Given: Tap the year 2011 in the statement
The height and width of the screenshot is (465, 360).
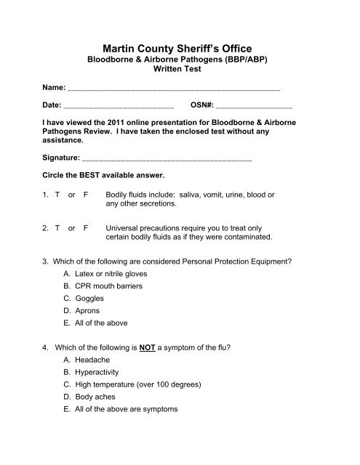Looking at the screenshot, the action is point(117,124).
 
